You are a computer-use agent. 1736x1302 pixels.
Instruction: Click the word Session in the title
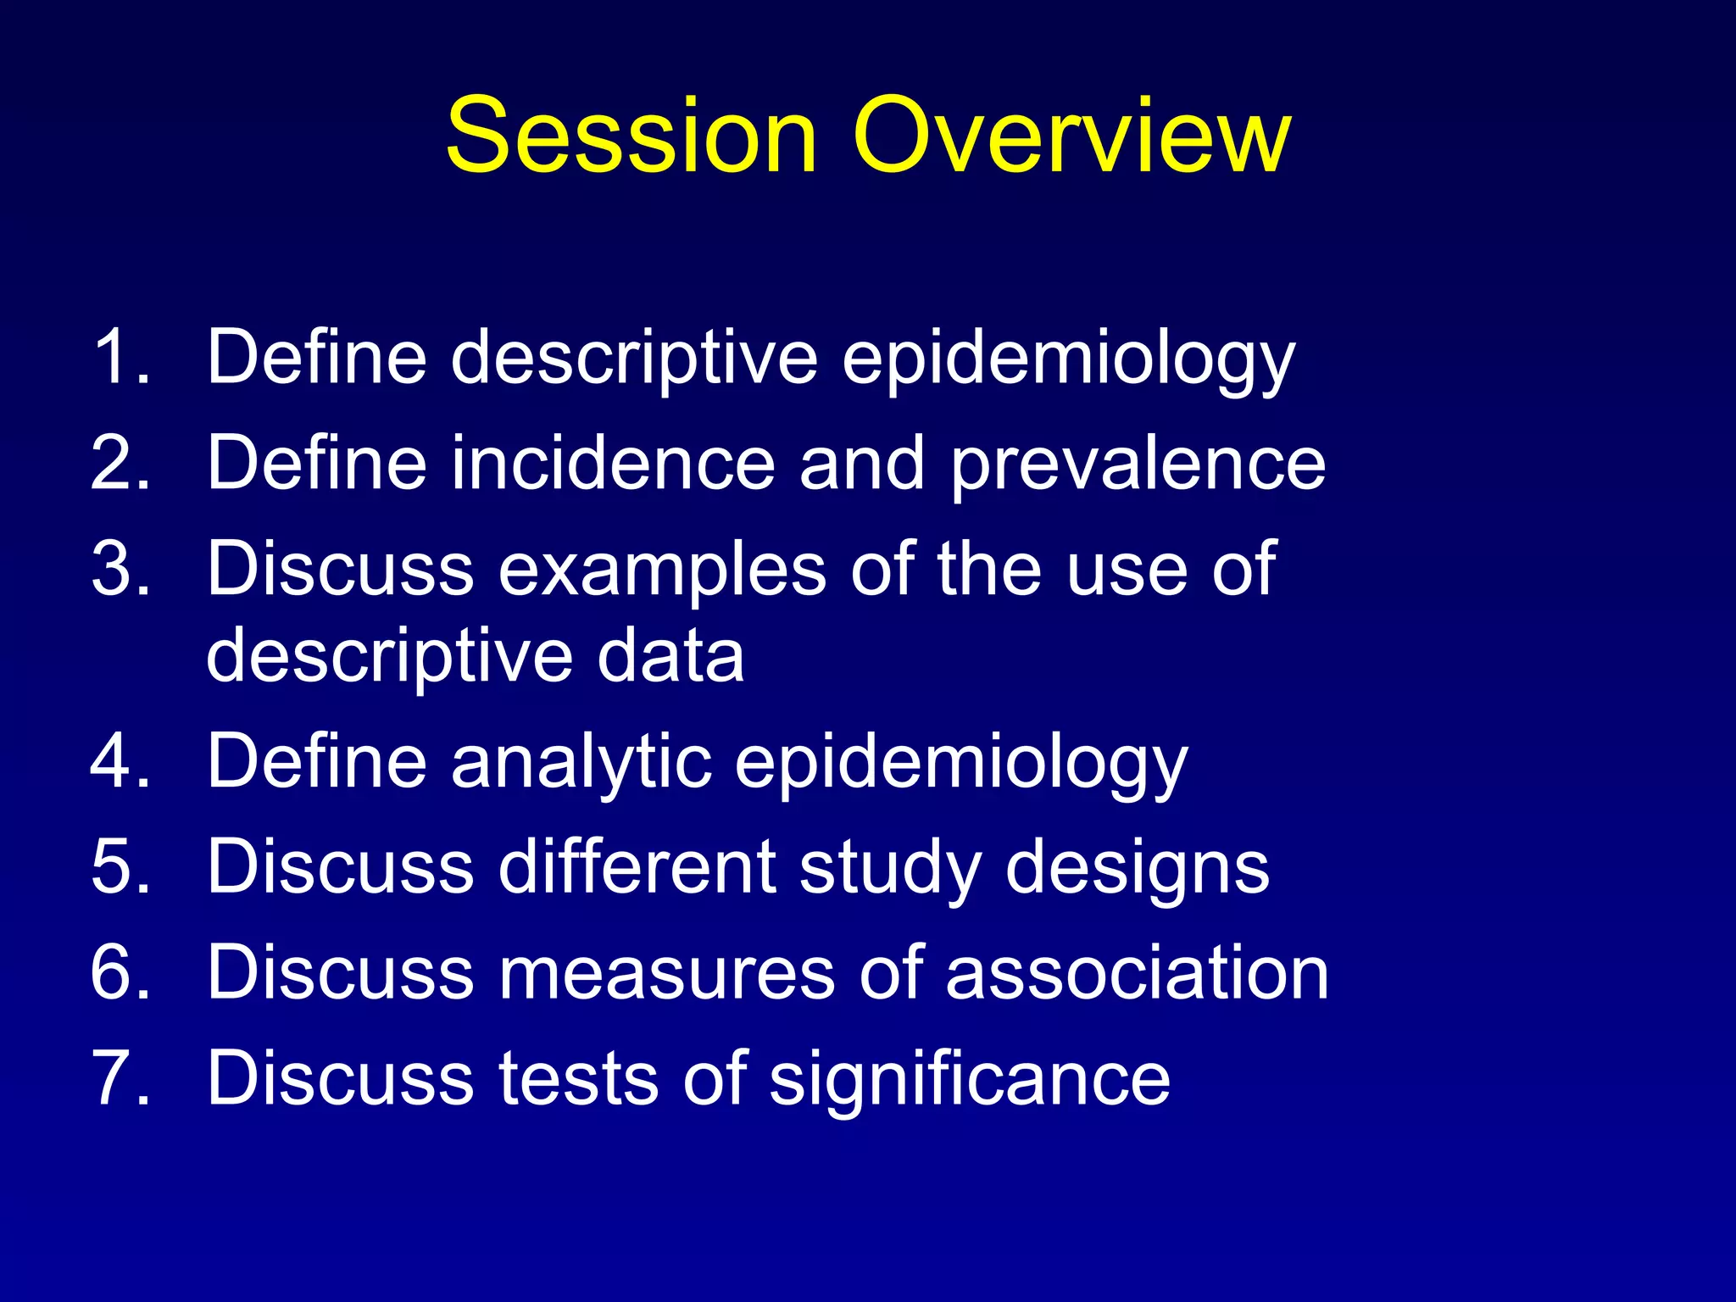[x=632, y=136]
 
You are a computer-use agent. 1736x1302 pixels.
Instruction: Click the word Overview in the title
[x=1071, y=136]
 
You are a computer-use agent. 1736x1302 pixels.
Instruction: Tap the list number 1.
[x=119, y=357]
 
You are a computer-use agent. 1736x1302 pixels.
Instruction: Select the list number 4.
[x=119, y=760]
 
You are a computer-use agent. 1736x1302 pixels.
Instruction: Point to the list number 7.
[x=119, y=1078]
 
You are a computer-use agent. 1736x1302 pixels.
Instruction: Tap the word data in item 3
[x=670, y=656]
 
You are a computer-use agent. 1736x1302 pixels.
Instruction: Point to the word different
[x=637, y=866]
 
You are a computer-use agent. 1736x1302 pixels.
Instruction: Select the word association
[x=1137, y=972]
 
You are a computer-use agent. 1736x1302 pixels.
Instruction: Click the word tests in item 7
[x=577, y=1079]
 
